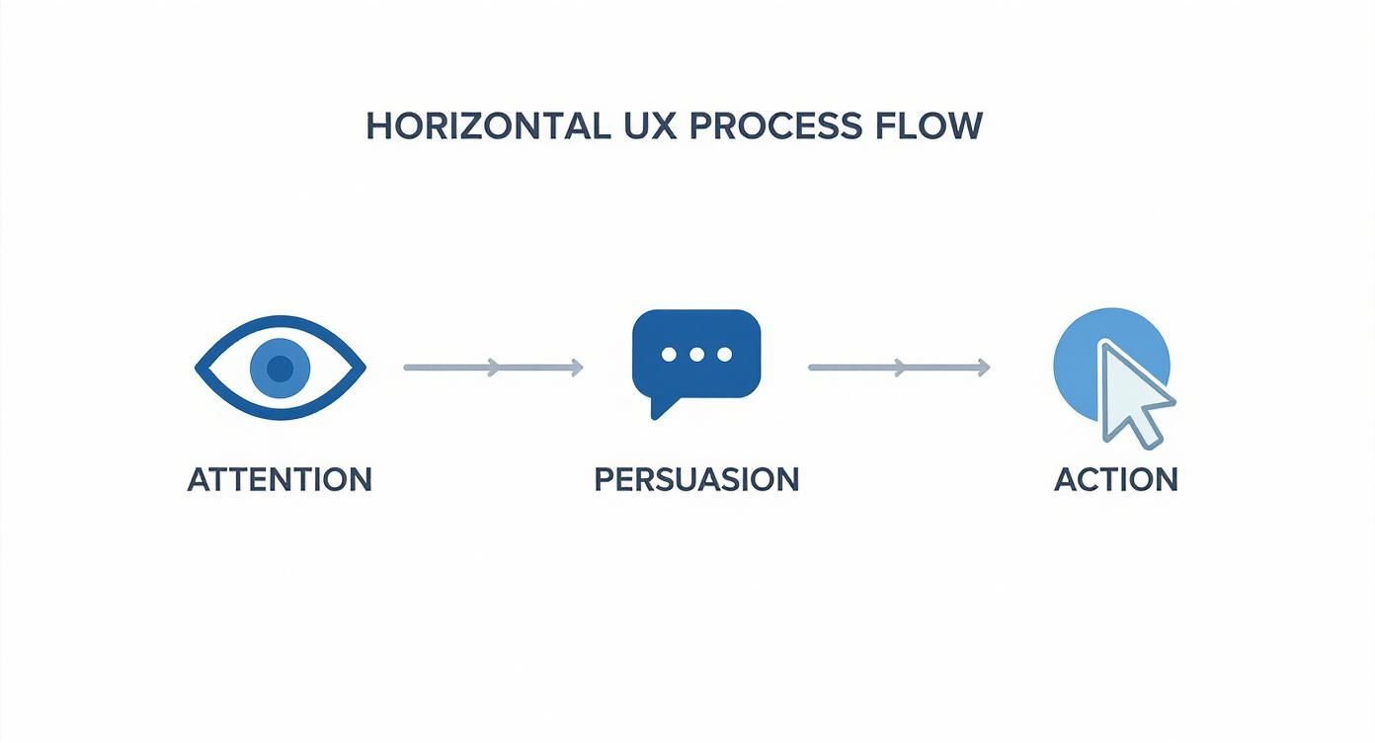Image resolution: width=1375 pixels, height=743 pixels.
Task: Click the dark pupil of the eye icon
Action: [x=281, y=369]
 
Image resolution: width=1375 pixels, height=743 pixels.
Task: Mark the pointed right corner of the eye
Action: [x=364, y=369]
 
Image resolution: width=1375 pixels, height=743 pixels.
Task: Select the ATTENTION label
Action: [x=280, y=479]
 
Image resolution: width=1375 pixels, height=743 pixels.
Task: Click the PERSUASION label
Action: [x=696, y=479]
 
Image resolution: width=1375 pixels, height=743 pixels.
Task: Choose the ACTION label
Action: [x=1116, y=479]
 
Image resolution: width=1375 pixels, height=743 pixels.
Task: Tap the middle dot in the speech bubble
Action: [x=696, y=355]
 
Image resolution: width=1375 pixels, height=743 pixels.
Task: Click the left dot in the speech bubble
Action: [x=669, y=355]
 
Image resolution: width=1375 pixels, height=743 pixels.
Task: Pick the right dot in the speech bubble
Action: [x=724, y=355]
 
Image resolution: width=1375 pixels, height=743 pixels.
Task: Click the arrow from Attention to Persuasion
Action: [x=493, y=368]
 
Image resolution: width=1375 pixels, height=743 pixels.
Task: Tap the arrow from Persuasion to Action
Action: [x=899, y=368]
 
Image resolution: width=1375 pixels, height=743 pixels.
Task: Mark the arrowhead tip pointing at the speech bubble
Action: [x=582, y=368]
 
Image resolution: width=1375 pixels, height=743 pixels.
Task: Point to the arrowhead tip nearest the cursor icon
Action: [x=988, y=368]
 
